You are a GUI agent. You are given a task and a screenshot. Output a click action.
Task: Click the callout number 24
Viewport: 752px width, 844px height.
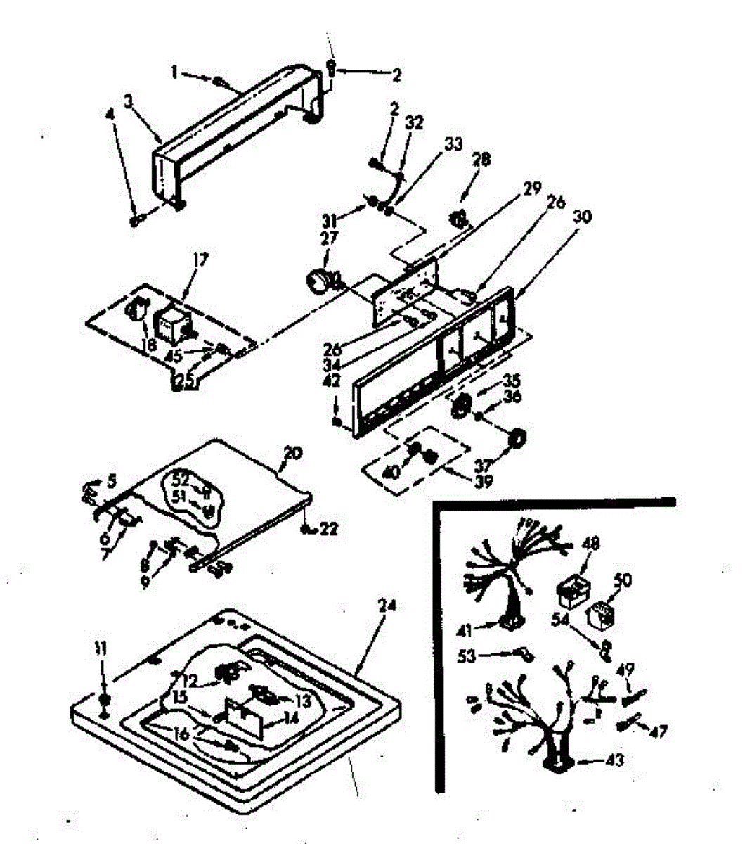[387, 604]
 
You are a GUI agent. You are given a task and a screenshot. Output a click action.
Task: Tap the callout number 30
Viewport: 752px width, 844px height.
[582, 217]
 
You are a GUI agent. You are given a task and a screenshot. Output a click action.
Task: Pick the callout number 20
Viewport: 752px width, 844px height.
[292, 452]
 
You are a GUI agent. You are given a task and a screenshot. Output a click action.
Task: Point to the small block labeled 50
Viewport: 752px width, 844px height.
[602, 614]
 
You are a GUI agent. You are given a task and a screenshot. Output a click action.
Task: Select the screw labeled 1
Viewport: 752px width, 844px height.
[220, 83]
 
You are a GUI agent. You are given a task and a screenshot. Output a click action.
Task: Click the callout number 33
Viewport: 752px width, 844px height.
[453, 144]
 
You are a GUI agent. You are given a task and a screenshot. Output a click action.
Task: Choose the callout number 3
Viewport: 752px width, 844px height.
[129, 101]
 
